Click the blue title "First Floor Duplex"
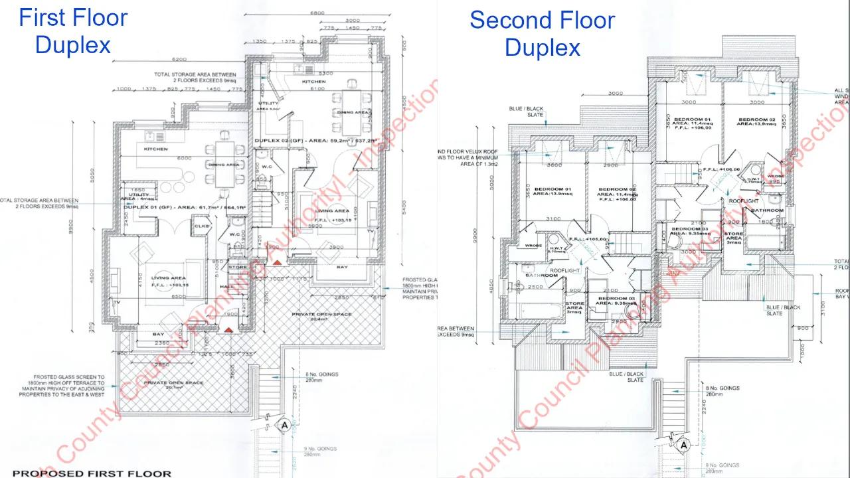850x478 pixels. pos(73,31)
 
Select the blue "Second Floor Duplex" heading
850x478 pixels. pos(542,33)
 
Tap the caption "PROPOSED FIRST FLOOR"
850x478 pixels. pos(92,473)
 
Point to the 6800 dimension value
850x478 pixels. pos(317,13)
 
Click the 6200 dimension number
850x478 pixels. pos(179,59)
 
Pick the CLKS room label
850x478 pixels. pos(201,226)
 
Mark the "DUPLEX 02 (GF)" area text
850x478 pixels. pos(315,141)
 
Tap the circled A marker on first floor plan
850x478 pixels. pos(284,426)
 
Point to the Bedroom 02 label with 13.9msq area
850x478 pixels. pos(753,122)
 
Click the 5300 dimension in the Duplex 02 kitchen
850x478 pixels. pos(325,73)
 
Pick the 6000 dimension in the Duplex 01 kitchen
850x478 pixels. pos(184,158)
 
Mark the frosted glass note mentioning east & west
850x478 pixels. pos(61,388)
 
